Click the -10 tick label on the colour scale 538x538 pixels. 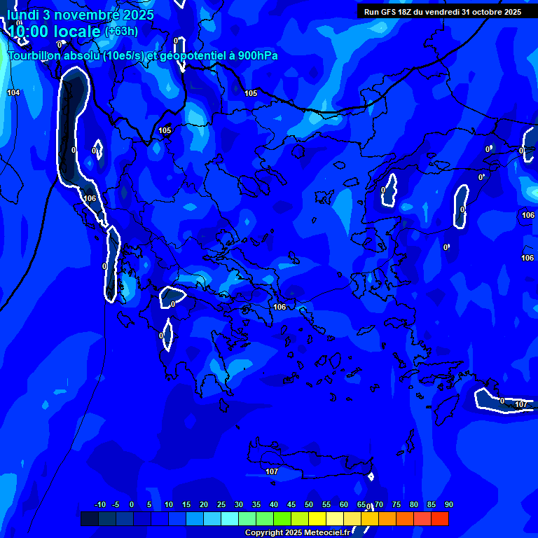[x=99, y=505]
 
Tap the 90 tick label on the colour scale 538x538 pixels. [x=449, y=505]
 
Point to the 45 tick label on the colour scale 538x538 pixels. [x=291, y=505]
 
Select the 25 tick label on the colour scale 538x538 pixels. [x=221, y=505]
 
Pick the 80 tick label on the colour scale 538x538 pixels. [x=414, y=505]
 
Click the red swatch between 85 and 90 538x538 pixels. [x=440, y=518]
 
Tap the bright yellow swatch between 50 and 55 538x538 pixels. [x=317, y=518]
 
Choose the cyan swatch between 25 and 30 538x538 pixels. [x=230, y=518]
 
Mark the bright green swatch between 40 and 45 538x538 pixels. [x=282, y=518]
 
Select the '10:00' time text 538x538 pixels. [x=28, y=32]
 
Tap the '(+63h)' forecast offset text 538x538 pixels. [x=121, y=32]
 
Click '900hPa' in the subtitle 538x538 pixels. [x=254, y=56]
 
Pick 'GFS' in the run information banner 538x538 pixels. [x=394, y=12]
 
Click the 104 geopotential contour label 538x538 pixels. [x=13, y=92]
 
